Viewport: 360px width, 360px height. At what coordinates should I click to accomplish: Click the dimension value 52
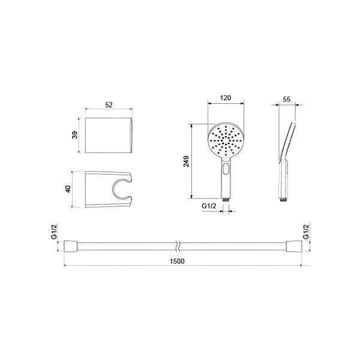tap(109, 104)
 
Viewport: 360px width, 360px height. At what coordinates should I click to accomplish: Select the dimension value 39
tap(75, 135)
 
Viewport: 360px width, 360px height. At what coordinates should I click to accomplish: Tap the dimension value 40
tap(68, 189)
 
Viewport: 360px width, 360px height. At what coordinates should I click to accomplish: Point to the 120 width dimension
tap(226, 98)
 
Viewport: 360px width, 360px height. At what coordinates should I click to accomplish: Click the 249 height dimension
tap(186, 161)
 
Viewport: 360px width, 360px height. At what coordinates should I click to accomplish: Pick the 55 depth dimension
tap(287, 99)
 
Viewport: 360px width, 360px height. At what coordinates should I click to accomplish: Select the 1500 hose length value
tap(177, 261)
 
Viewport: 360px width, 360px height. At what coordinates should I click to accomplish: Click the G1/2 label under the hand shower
tap(209, 206)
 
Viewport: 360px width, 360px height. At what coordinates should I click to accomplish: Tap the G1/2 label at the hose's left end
tap(53, 232)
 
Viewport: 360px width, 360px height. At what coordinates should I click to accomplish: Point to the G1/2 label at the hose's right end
tap(306, 232)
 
